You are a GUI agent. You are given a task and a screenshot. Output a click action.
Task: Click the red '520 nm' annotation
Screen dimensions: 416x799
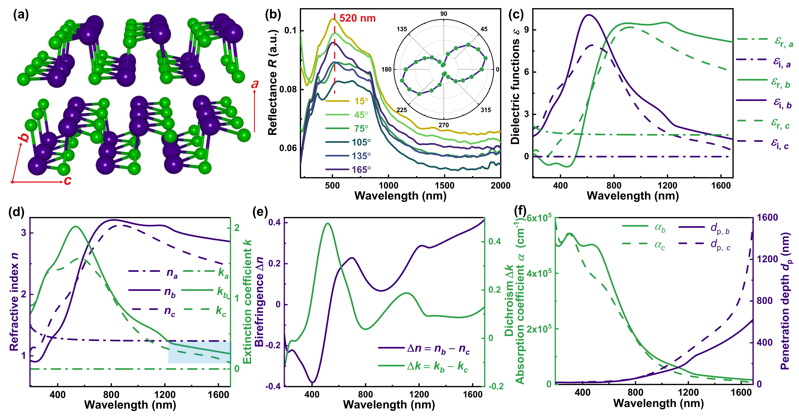tap(357, 18)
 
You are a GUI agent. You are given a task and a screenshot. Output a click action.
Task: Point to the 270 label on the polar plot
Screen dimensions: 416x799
tap(443, 125)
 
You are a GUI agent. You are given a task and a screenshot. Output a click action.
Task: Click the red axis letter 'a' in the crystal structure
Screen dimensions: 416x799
tap(255, 84)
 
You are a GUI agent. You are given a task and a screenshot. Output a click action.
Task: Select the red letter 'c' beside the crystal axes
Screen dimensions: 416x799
tap(68, 181)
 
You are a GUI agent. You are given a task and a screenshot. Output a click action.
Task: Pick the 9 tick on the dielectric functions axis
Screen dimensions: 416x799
tap(526, 30)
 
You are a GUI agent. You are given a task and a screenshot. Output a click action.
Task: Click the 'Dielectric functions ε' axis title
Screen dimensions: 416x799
tap(515, 92)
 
